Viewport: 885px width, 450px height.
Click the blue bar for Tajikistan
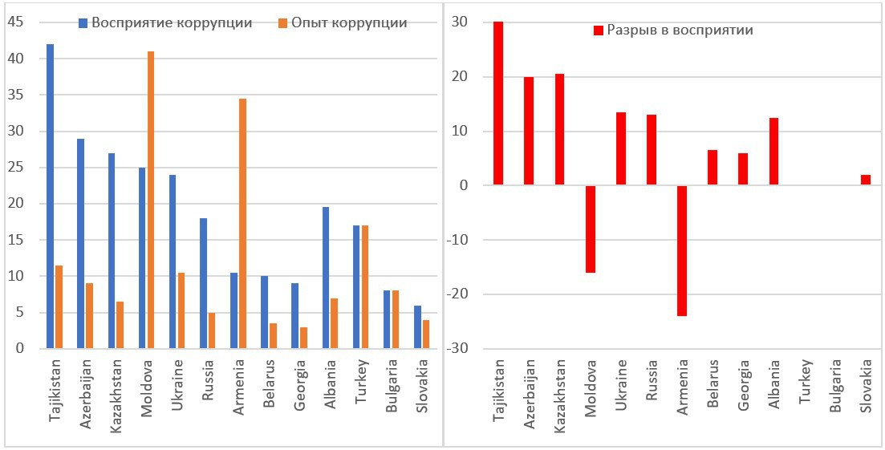click(x=50, y=197)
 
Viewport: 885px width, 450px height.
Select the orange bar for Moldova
click(x=150, y=200)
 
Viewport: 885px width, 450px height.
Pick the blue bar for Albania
click(x=325, y=278)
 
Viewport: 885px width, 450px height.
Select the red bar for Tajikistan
click(x=498, y=103)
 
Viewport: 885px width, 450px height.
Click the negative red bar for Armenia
click(x=681, y=250)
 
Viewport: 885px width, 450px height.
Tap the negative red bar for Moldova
click(x=590, y=229)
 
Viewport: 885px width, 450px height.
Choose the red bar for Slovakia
click(x=865, y=180)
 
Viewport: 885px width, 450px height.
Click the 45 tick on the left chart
click(x=16, y=22)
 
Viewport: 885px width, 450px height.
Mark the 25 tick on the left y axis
click(x=16, y=168)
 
